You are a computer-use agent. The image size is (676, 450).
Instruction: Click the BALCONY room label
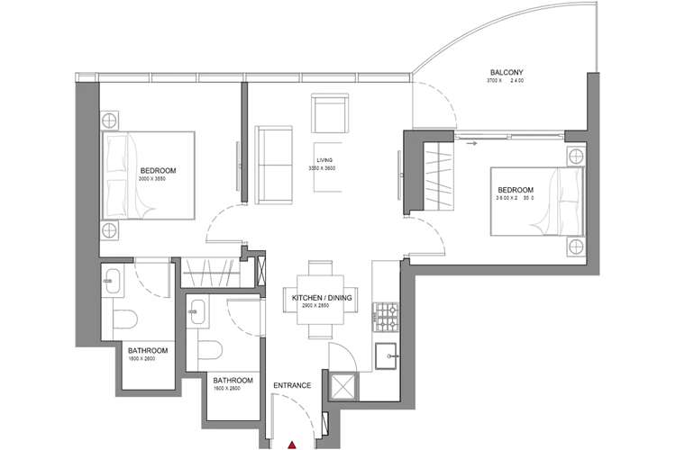(507, 72)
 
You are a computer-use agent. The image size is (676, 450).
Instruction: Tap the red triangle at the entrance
(292, 444)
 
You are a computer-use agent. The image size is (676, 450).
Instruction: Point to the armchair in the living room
(329, 113)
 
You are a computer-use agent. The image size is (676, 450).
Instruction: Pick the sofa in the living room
(274, 163)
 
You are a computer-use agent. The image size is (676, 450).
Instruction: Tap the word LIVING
(326, 159)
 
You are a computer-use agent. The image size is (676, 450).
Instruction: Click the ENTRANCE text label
(293, 386)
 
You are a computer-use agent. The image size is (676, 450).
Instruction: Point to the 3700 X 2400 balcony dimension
(505, 82)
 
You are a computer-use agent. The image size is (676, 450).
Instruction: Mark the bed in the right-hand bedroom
(537, 201)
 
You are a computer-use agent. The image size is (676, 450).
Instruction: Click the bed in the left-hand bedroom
(149, 175)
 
